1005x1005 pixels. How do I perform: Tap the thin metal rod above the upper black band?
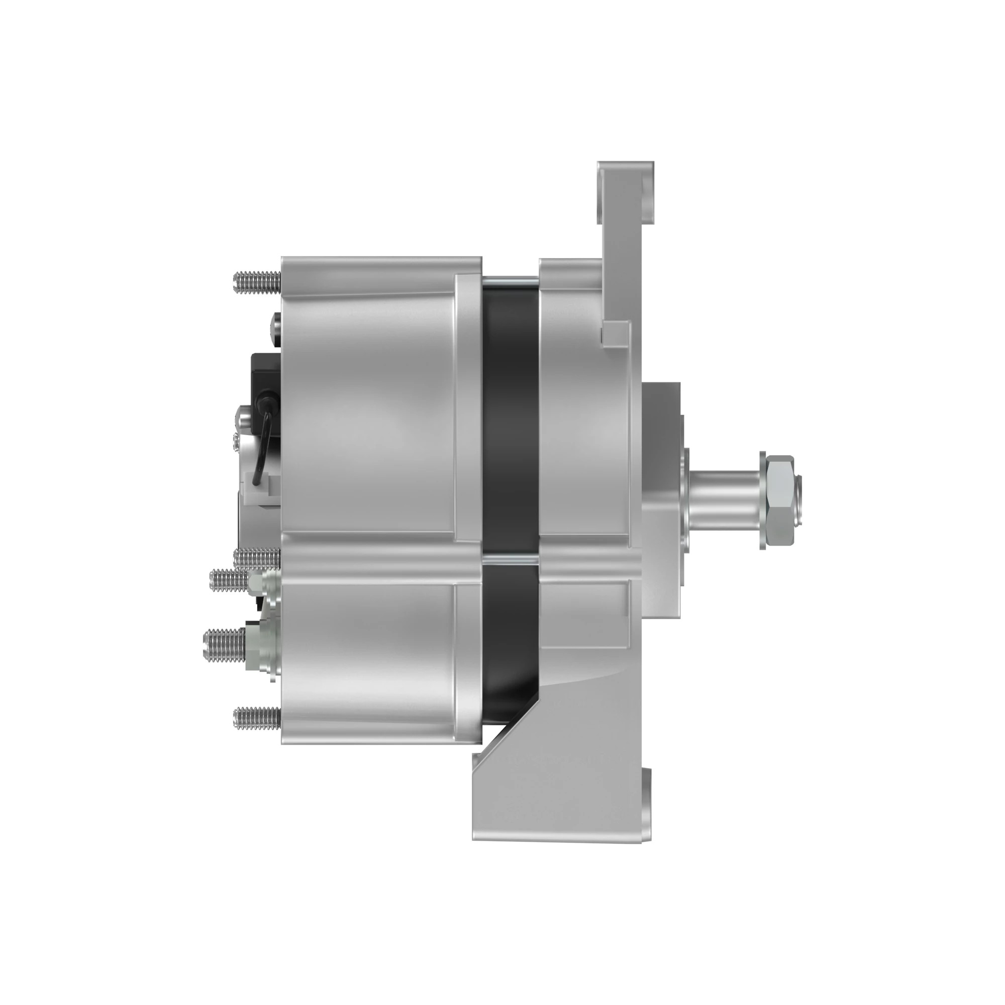point(510,281)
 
